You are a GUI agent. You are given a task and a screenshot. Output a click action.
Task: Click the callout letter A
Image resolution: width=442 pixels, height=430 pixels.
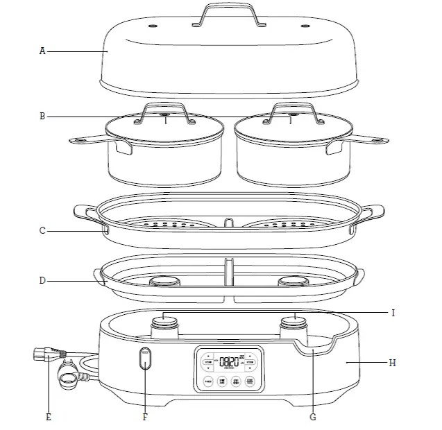[42, 51]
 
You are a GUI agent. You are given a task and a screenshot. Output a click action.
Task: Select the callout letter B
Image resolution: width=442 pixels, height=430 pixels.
[42, 117]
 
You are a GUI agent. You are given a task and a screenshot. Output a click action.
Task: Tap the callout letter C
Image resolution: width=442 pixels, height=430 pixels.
[42, 230]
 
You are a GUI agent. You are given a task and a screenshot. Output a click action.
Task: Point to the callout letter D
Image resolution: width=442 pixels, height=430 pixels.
[42, 281]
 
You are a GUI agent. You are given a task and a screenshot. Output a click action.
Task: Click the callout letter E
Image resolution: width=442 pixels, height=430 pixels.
[48, 417]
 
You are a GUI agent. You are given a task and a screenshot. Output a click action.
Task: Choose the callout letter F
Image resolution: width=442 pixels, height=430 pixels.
[145, 417]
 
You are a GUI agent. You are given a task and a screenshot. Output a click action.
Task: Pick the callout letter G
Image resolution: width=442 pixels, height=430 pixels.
[312, 417]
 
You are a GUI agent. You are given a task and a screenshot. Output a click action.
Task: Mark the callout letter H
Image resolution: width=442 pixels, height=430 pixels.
[393, 362]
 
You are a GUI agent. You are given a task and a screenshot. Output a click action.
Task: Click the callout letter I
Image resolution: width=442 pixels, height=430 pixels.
[393, 313]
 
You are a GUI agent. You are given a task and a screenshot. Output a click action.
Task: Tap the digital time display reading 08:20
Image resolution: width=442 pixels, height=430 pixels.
[228, 361]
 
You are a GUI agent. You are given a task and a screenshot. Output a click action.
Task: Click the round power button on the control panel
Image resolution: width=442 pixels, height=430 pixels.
[207, 381]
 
